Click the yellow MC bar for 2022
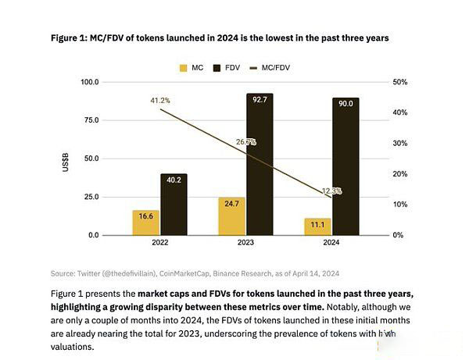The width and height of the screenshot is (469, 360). pos(146,222)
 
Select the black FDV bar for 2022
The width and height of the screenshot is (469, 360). pos(174,204)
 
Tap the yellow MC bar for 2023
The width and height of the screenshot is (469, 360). pos(232,216)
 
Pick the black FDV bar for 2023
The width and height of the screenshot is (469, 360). pos(260,164)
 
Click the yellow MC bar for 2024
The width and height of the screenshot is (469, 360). pos(317,226)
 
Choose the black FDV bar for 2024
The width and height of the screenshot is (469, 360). pos(345,166)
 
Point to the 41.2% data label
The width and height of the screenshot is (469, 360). pos(160,101)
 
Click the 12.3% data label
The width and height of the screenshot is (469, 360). pos(331,191)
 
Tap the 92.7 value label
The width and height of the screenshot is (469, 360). pos(260,99)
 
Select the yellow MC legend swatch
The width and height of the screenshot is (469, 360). pos(184,68)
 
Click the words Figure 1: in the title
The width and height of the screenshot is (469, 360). pos(73,37)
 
